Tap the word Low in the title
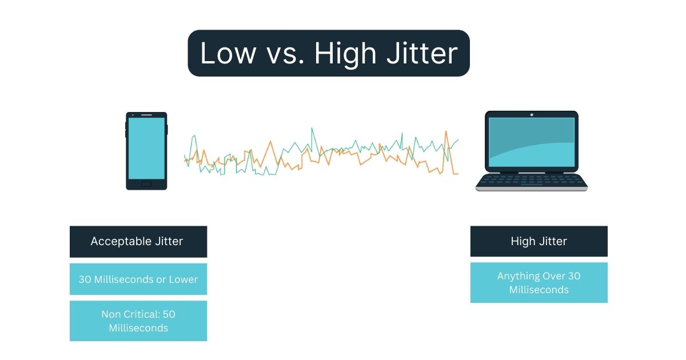click(x=228, y=53)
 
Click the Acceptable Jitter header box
click(x=138, y=242)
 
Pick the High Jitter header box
click(x=539, y=241)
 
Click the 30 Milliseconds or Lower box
click(x=138, y=279)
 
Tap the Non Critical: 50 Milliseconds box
click(x=138, y=321)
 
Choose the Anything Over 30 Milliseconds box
click(x=539, y=283)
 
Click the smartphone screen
click(x=146, y=148)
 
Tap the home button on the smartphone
click(x=146, y=183)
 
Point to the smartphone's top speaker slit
click(x=146, y=115)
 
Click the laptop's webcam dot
click(x=531, y=114)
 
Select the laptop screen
click(x=531, y=143)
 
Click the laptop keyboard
click(x=531, y=180)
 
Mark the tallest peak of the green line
click(x=312, y=128)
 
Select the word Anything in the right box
click(x=519, y=276)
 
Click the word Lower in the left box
click(x=183, y=279)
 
